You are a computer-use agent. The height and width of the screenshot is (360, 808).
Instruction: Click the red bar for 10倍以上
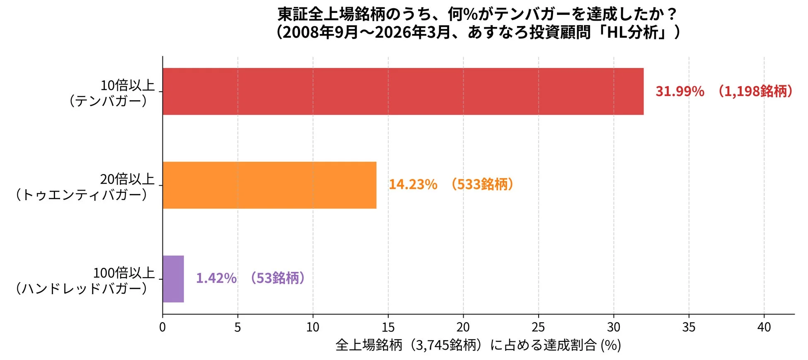[x=403, y=91]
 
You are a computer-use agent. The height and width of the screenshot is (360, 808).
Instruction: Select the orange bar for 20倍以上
[x=269, y=185]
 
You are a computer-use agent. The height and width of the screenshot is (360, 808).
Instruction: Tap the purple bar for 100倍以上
[x=173, y=279]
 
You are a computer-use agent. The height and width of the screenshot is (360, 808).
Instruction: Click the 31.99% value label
[x=680, y=92]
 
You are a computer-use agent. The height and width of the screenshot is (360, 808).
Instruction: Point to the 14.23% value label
[x=413, y=185]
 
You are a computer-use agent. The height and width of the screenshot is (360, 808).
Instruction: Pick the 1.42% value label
[x=216, y=278]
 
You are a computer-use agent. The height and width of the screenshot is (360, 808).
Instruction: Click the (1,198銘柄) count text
[x=755, y=91]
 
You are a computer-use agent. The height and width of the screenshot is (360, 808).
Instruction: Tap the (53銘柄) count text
[x=278, y=278]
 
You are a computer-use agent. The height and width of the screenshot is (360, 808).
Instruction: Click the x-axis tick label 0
[x=162, y=327]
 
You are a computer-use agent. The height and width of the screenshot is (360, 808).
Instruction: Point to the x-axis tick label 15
[x=388, y=327]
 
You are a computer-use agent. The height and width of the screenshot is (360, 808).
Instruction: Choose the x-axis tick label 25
[x=538, y=327]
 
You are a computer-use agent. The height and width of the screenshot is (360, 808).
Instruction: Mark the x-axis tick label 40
[x=764, y=327]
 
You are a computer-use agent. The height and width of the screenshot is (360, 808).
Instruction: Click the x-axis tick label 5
[x=237, y=327]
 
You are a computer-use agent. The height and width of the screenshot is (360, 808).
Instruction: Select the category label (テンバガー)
[x=109, y=101]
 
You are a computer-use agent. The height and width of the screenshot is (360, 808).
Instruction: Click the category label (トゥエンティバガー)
[x=82, y=195]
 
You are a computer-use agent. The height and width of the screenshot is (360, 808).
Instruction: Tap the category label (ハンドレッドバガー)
[x=82, y=289]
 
